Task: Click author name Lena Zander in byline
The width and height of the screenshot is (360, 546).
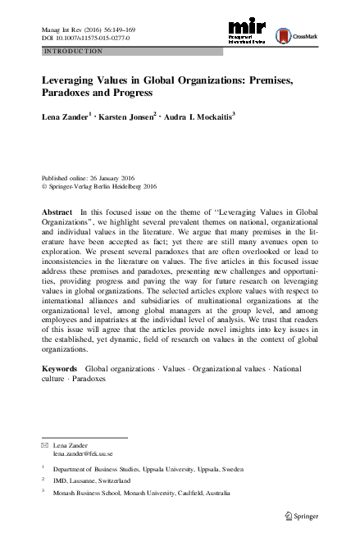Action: pyautogui.click(x=63, y=118)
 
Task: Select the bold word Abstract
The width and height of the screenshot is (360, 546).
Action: pyautogui.click(x=57, y=212)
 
